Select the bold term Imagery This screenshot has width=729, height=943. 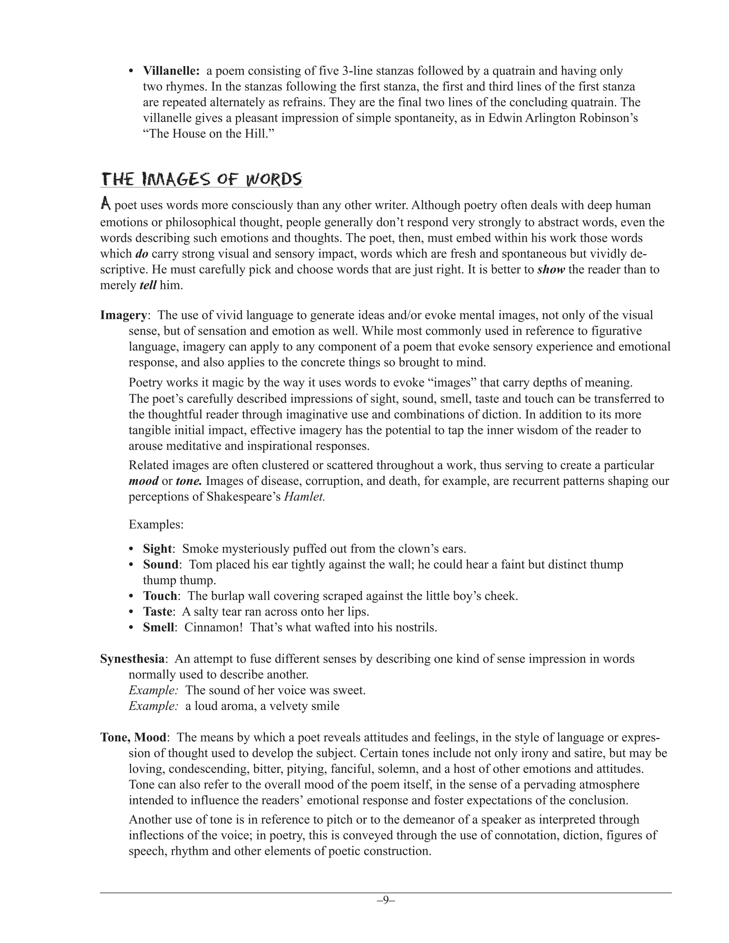pos(123,315)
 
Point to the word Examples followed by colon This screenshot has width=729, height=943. pos(156,525)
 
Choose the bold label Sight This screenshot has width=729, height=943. pos(157,549)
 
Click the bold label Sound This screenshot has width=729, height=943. pos(160,564)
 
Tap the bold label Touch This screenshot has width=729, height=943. pos(160,596)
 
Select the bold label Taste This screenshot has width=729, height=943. pos(158,611)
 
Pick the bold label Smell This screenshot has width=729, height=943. pos(158,627)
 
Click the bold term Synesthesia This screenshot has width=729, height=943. pos(132,659)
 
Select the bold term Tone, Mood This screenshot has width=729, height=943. pos(133,737)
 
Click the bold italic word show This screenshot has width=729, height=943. pos(551,270)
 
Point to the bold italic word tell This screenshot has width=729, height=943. pos(148,285)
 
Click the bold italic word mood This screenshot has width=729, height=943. pos(143,481)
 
